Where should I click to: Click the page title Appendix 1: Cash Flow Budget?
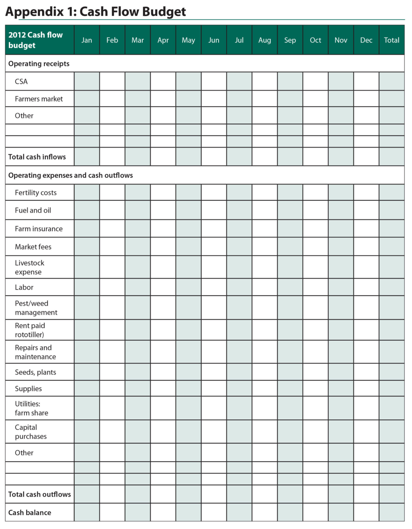(x=95, y=12)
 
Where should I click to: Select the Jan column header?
(x=87, y=40)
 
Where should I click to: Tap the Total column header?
(x=392, y=40)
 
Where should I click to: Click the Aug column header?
(x=265, y=40)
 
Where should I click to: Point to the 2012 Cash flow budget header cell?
(x=36, y=40)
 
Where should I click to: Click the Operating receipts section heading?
(x=39, y=64)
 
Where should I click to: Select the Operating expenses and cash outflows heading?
(x=71, y=175)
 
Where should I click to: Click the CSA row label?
(x=21, y=82)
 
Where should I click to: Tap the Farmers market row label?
(x=39, y=99)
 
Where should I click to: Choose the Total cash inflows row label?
(x=37, y=157)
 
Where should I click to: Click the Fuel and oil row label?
(x=33, y=210)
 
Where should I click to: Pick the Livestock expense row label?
(x=30, y=268)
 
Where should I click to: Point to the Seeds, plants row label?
(x=35, y=372)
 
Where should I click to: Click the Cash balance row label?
(x=30, y=513)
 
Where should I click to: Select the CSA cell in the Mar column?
(x=138, y=82)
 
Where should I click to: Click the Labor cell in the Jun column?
(x=214, y=287)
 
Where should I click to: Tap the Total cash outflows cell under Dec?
(x=366, y=495)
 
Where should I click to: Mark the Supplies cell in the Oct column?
(x=316, y=389)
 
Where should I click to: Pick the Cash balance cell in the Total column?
(x=392, y=513)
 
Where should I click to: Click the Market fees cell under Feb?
(x=112, y=247)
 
